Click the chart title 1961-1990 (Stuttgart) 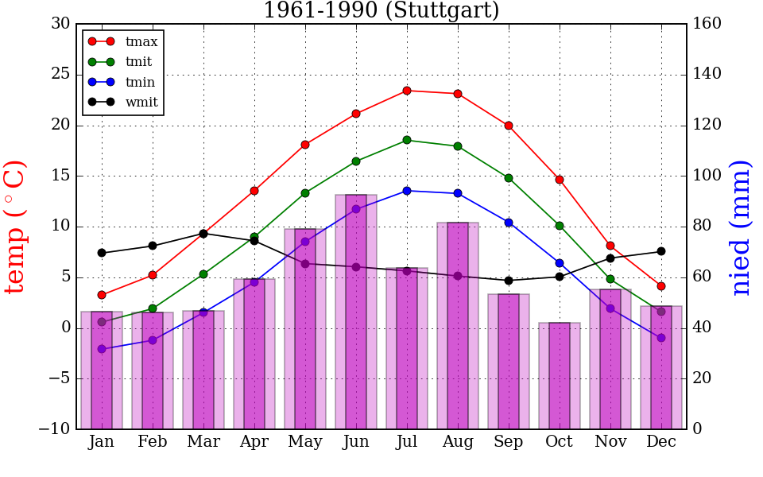381,11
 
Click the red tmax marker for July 407,91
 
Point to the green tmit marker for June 356,161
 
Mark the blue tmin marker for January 102,349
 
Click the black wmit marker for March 203,234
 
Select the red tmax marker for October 560,180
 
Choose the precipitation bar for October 560,375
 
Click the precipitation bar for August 458,326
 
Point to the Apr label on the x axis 254,442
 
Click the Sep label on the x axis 509,442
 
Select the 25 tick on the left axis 60,75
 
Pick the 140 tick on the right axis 707,75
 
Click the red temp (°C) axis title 16,227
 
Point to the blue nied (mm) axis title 741,227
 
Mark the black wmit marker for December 661,251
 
